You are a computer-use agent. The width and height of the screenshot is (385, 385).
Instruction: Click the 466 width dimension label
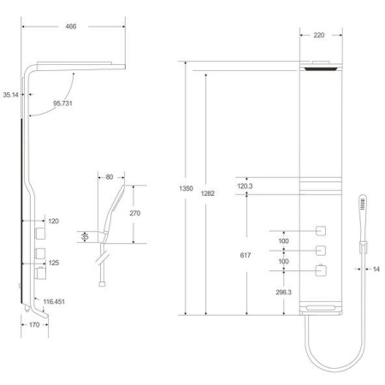[71, 27]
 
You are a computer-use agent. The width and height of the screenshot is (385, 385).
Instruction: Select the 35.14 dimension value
[10, 95]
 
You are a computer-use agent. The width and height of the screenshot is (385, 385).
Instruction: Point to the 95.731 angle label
[62, 104]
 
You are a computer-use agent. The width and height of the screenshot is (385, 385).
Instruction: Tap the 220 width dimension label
[319, 35]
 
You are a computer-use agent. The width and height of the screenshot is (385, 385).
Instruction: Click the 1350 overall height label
[186, 188]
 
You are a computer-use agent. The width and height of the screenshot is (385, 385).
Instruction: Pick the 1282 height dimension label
[208, 193]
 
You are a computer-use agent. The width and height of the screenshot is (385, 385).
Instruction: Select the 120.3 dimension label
[245, 187]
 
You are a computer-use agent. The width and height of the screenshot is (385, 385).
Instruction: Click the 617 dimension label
[246, 255]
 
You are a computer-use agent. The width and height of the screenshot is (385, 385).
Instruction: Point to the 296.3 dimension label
[283, 293]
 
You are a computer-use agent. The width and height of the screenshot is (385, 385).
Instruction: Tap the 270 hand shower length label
[135, 213]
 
